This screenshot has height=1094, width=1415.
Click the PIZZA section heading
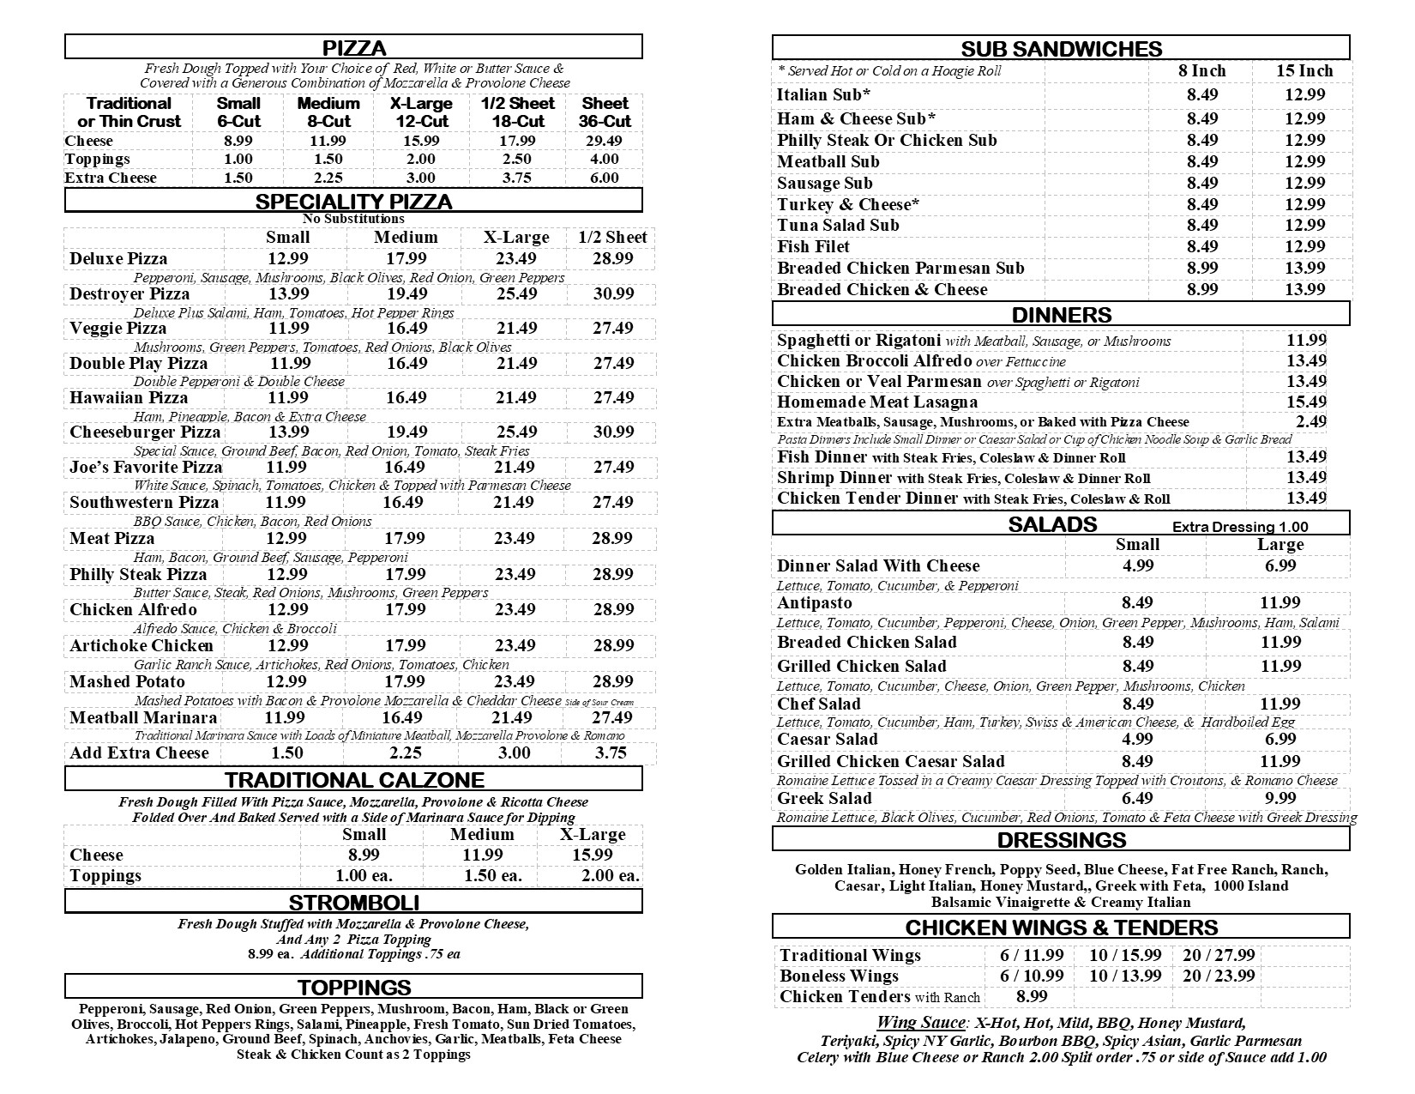353,48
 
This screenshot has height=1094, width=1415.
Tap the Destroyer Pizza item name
129,294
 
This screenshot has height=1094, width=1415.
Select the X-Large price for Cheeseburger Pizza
515,432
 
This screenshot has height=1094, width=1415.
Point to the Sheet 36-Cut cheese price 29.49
604,141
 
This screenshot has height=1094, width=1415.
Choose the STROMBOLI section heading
353,903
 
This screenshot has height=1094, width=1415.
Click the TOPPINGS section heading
353,987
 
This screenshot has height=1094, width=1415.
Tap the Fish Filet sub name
813,247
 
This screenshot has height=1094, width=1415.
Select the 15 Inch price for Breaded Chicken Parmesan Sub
1304,269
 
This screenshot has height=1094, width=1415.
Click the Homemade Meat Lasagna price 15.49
1306,402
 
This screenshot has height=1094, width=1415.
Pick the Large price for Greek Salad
1280,799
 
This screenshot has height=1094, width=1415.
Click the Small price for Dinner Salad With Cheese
1138,566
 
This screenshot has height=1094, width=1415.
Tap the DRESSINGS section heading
1061,840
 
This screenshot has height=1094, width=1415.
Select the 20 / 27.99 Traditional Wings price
1219,956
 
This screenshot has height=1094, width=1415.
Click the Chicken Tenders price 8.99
1032,997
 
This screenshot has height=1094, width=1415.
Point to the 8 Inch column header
1201,71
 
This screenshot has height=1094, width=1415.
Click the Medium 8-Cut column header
328,112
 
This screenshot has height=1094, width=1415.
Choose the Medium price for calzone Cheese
482,855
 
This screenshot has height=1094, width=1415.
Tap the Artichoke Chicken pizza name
141,646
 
